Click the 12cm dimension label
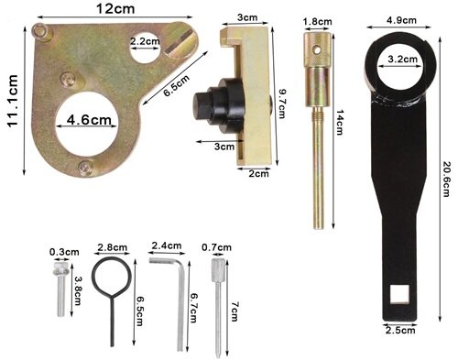pyautogui.click(x=114, y=8)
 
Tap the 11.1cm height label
pyautogui.click(x=13, y=101)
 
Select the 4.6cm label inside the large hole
pyautogui.click(x=89, y=119)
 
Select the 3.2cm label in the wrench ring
pyautogui.click(x=403, y=59)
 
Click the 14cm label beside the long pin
pyautogui.click(x=340, y=123)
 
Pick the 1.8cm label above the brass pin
pyautogui.click(x=318, y=22)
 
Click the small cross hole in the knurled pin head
pyautogui.click(x=319, y=49)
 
